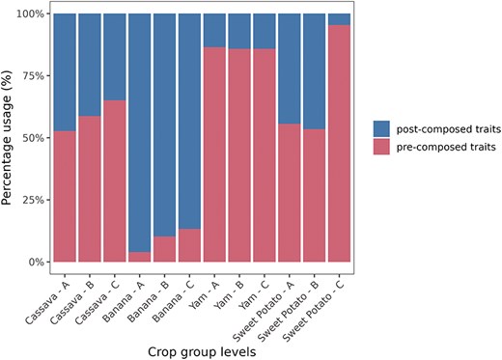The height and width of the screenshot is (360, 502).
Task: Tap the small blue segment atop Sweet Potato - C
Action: (339, 19)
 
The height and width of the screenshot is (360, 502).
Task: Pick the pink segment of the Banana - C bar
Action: (189, 245)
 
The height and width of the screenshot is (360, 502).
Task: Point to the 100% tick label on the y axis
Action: (28, 14)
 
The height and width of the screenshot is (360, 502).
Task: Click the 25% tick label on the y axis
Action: (31, 200)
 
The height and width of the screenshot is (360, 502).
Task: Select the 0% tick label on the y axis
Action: (34, 262)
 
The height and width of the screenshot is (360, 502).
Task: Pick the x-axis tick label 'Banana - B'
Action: (148, 291)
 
